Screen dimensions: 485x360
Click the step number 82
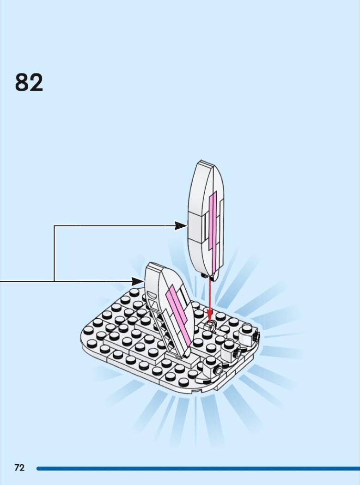pyautogui.click(x=29, y=83)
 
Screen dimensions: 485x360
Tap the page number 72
pyautogui.click(x=19, y=468)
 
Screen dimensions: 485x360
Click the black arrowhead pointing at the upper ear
pyautogui.click(x=181, y=226)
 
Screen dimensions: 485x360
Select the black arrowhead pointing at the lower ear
pyautogui.click(x=139, y=281)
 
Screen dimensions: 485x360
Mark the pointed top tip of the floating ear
pyautogui.click(x=201, y=162)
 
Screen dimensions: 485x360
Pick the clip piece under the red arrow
pyautogui.click(x=210, y=326)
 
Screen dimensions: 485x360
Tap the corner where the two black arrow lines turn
pyautogui.click(x=55, y=226)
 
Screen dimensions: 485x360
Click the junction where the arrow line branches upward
pyautogui.click(x=55, y=281)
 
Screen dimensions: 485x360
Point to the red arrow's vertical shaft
pyautogui.click(x=210, y=296)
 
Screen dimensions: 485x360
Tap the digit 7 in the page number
pyautogui.click(x=17, y=468)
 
